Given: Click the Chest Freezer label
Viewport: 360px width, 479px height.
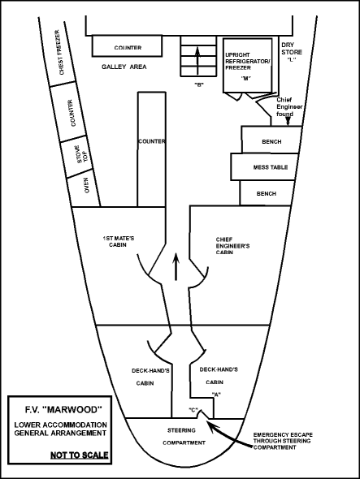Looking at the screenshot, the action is (62, 52).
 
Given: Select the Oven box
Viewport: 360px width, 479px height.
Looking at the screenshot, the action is (84, 190).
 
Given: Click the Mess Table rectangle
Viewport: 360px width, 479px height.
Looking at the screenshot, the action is (265, 166).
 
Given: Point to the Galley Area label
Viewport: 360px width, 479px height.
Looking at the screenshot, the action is (124, 67).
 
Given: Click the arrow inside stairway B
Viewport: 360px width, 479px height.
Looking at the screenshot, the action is (197, 60).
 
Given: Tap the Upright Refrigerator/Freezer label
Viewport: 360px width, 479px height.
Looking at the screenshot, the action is (248, 61).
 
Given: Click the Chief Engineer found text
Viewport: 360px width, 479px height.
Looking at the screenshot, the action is (289, 107).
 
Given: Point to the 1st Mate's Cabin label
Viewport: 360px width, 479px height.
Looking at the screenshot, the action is (119, 241).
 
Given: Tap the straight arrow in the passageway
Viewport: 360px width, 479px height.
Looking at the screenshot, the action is (176, 266).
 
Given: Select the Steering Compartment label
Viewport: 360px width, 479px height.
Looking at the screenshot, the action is (184, 437).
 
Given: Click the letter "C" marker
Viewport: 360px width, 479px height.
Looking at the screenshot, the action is (193, 410).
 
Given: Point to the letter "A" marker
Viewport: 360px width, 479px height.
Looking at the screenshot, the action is (216, 395).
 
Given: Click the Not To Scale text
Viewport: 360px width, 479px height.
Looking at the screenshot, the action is (79, 455).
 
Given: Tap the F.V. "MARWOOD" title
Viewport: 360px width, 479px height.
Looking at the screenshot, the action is (63, 409).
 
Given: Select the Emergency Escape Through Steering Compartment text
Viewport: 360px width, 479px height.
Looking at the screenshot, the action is (283, 441).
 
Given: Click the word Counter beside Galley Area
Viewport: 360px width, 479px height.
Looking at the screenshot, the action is (128, 48).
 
